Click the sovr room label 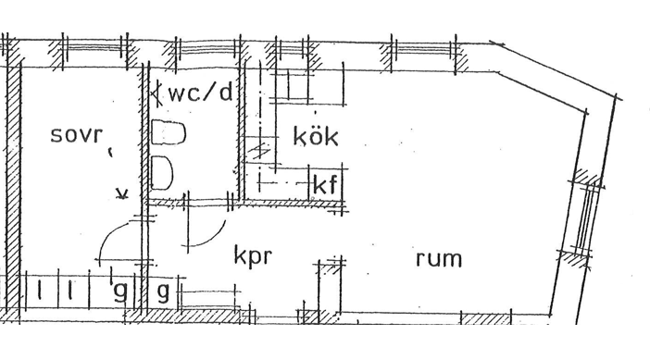[x=76, y=135]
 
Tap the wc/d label [x=201, y=93]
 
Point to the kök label [x=316, y=136]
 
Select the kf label [x=325, y=185]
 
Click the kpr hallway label [x=253, y=255]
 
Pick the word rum [x=439, y=258]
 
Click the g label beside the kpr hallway [x=163, y=292]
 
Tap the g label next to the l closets [x=119, y=292]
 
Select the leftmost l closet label [x=40, y=290]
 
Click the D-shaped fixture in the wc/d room [x=162, y=173]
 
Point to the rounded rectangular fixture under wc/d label [x=169, y=132]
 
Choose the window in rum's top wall [x=424, y=52]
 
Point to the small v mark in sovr [x=122, y=193]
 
